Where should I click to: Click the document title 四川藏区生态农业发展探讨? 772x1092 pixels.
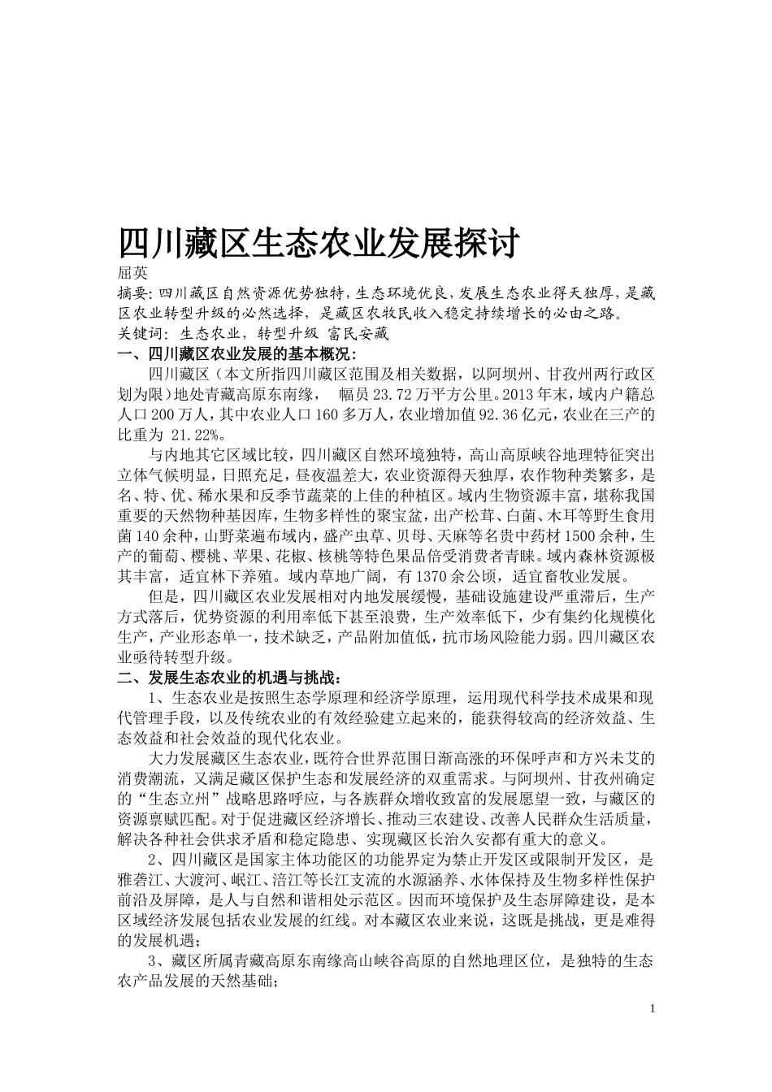319,242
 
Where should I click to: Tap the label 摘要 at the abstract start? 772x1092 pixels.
133,293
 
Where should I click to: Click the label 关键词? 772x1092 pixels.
139,333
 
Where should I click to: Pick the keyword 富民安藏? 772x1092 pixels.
358,333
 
